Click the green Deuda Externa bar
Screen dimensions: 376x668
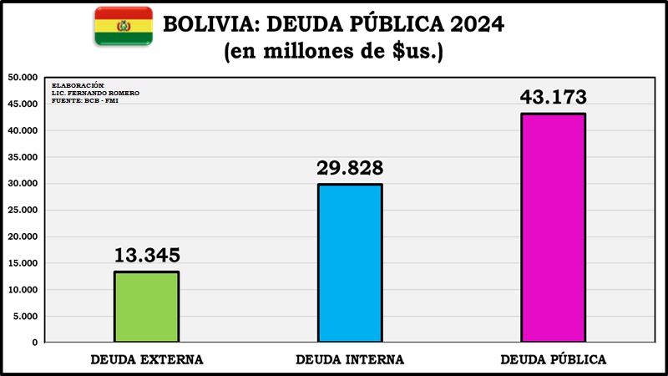coord(146,307)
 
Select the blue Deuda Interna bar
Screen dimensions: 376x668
coord(350,263)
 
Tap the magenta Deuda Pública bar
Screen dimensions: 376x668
coord(553,227)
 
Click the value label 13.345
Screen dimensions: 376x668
coord(147,255)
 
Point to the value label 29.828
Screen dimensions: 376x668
coord(350,167)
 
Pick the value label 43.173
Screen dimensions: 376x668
coord(553,96)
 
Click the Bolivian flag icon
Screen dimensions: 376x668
coord(124,25)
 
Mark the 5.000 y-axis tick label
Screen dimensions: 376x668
coord(25,316)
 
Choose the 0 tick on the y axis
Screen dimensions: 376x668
coord(35,343)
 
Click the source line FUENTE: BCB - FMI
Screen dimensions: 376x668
coord(84,100)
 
